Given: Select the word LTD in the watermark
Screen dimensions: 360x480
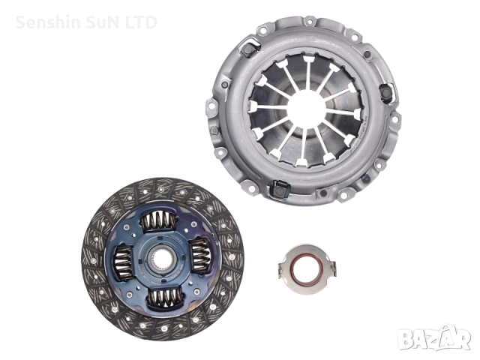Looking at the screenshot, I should (141, 22).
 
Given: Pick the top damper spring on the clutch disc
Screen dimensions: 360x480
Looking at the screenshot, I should (159, 221).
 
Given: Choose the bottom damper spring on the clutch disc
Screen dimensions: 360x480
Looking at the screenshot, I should (163, 298).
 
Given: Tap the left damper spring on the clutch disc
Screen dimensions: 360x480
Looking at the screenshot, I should (123, 262).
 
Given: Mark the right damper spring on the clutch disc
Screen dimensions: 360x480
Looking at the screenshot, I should (200, 256).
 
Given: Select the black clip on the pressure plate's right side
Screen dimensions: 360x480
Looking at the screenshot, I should (385, 93).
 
